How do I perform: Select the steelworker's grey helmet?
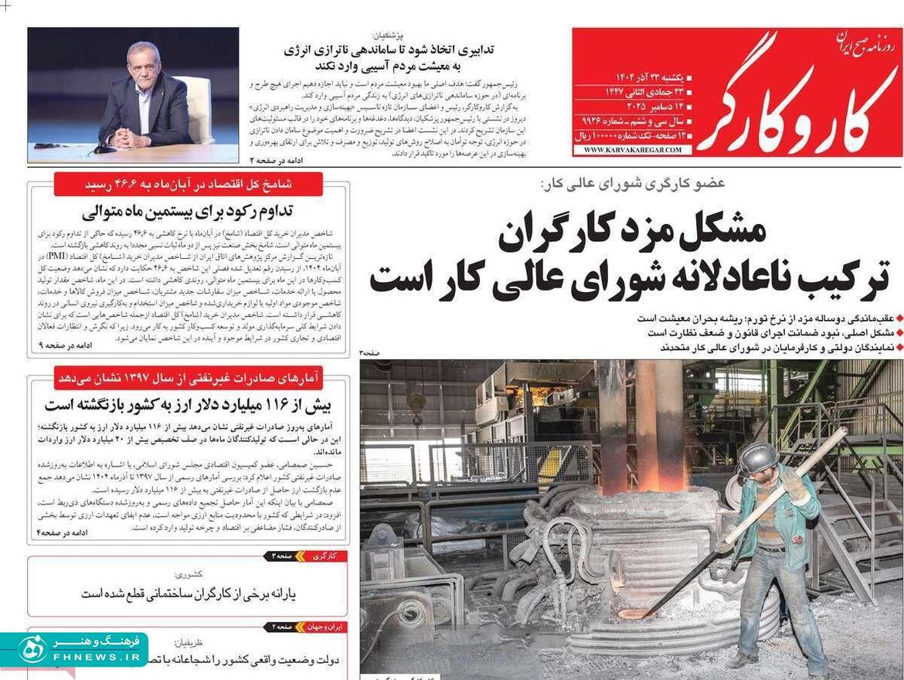(757, 457)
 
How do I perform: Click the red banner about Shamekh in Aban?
(189, 185)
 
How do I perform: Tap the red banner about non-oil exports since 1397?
(189, 378)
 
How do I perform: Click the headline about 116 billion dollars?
(189, 404)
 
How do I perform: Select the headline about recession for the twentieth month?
(189, 211)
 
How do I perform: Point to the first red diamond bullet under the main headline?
(899, 318)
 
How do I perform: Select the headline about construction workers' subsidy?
(189, 593)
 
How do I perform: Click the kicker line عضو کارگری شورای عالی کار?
(634, 184)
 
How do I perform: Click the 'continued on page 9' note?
(66, 345)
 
